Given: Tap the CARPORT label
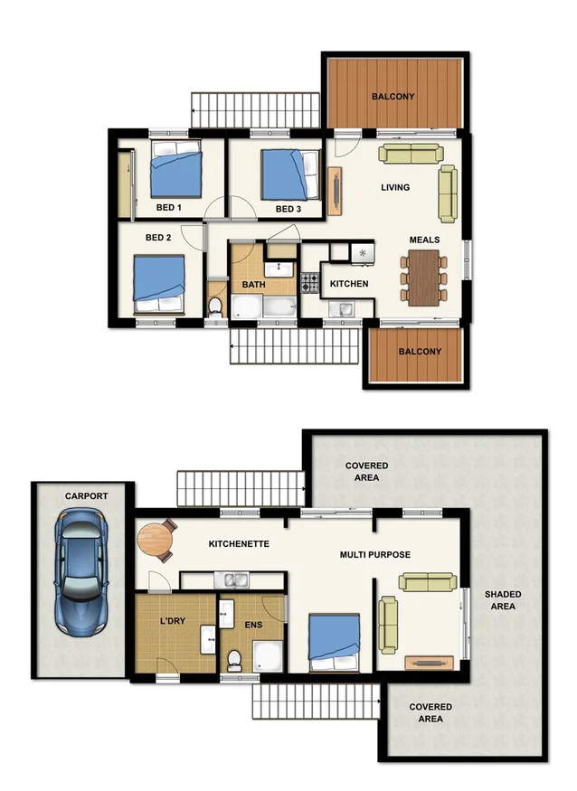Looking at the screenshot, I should coord(86,496).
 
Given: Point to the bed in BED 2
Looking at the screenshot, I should coord(159,281).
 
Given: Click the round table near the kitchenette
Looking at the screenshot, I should coord(156,541).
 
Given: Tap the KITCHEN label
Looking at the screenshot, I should coord(349,284).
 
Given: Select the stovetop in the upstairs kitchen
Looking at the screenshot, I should coord(310,283).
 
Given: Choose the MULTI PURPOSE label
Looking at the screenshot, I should coord(375,554).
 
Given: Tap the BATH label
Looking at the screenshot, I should coord(253,286).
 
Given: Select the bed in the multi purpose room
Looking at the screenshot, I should coord(335,642).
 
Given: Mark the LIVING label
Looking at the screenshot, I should coord(395,188).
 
